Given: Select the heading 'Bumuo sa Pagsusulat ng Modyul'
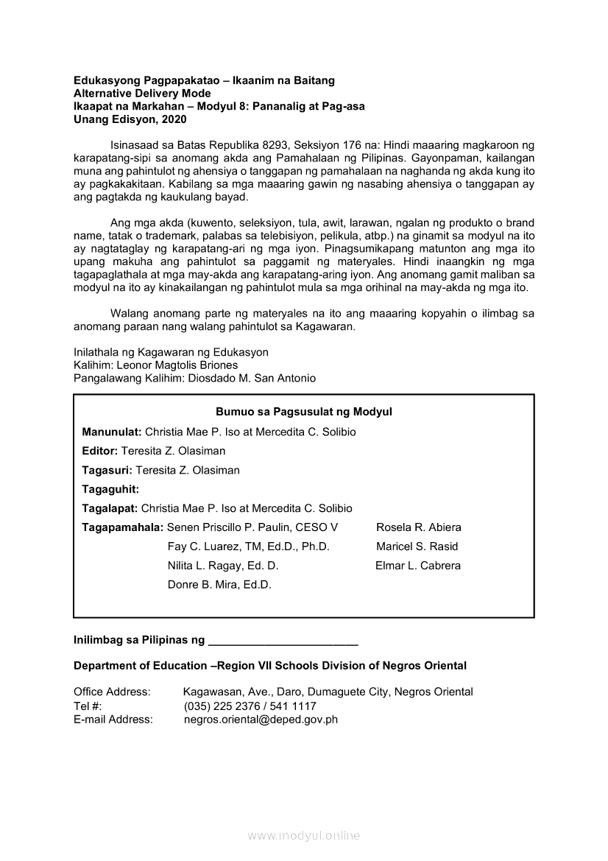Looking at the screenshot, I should click(303, 412).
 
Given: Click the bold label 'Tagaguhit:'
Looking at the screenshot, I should click(110, 489).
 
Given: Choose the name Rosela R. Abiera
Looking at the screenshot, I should click(419, 527).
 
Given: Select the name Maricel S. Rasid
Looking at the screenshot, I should click(417, 547).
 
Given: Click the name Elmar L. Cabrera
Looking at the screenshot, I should click(418, 566).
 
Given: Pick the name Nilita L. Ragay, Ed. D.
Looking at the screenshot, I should click(223, 566).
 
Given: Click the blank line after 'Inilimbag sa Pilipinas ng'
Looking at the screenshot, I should click(283, 641).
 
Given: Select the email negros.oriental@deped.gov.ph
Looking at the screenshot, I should click(261, 720).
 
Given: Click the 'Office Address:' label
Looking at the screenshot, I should click(112, 692).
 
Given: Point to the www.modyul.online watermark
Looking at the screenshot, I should click(304, 835).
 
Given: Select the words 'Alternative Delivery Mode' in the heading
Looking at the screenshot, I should click(142, 94).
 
